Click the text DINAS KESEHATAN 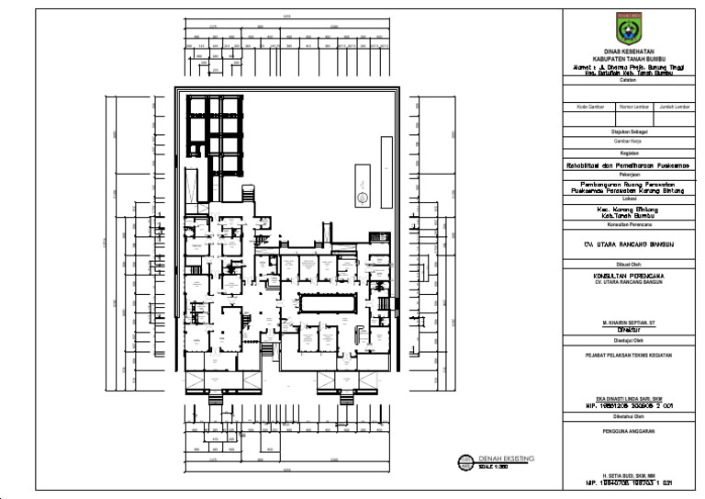[x=628, y=51]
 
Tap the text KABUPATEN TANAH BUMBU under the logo [x=628, y=57]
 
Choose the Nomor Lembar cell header [x=628, y=107]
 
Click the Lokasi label [x=628, y=198]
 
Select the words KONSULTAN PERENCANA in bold [x=628, y=276]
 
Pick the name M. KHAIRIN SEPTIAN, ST [x=628, y=323]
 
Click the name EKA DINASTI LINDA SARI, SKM [x=628, y=397]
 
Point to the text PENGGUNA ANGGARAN [x=628, y=428]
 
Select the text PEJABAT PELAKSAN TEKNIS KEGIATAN [x=628, y=354]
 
